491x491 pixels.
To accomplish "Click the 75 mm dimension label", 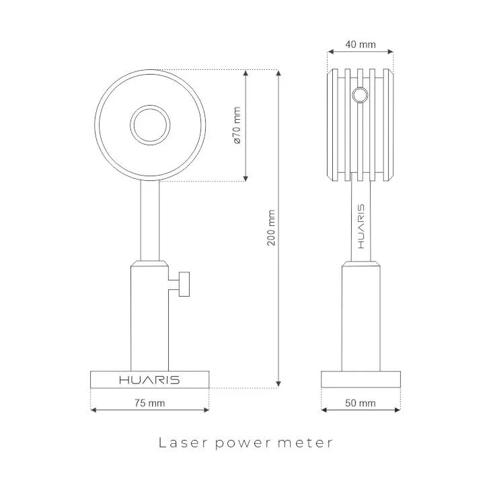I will (x=149, y=404).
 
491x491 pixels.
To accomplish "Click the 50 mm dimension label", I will (x=360, y=404).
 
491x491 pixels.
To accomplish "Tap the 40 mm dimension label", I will (x=360, y=45).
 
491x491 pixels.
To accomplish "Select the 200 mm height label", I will (x=271, y=227).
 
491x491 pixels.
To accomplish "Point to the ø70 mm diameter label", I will (x=236, y=125).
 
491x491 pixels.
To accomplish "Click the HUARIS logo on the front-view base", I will (x=149, y=380).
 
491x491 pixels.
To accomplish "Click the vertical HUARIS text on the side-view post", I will (x=361, y=224).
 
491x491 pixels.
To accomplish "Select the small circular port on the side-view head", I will (x=361, y=96).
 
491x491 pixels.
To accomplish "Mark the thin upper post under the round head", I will (x=149, y=222).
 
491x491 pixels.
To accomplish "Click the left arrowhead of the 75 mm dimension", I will (x=93, y=409).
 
